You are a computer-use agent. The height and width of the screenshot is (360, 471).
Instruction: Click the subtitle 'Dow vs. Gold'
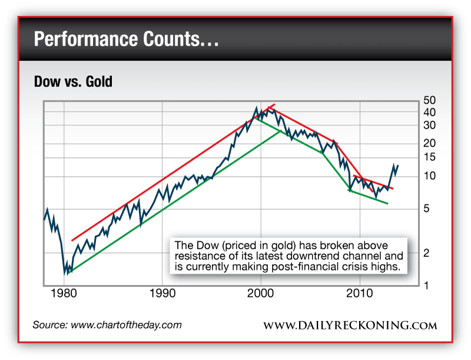point(74,82)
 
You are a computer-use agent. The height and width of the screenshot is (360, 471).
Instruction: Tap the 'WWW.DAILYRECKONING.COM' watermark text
point(350,326)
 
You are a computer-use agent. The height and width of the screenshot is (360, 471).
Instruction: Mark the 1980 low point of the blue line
point(66,272)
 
